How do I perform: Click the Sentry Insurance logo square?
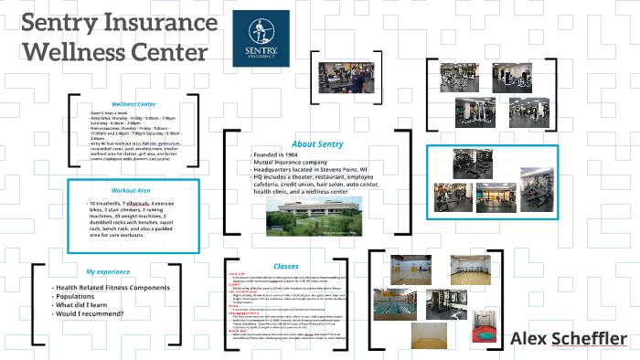click(265, 39)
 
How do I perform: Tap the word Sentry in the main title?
click(57, 22)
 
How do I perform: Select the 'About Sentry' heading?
click(316, 144)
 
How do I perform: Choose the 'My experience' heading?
click(109, 272)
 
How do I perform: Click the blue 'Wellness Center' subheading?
click(136, 104)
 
